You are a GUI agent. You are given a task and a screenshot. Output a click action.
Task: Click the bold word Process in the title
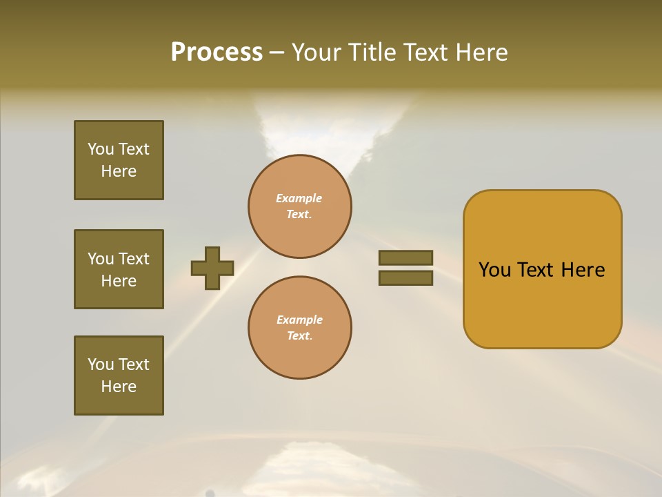pyautogui.click(x=217, y=52)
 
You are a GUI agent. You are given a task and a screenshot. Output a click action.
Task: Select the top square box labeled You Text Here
pyautogui.click(x=119, y=160)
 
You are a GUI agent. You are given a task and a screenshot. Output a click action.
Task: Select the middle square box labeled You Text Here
pyautogui.click(x=119, y=269)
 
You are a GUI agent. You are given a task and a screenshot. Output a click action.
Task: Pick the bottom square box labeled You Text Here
pyautogui.click(x=119, y=376)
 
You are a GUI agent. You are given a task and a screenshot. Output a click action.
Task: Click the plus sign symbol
pyautogui.click(x=212, y=268)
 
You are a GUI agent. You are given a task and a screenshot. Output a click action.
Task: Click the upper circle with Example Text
pyautogui.click(x=299, y=206)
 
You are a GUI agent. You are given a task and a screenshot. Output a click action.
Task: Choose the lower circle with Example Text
pyautogui.click(x=299, y=327)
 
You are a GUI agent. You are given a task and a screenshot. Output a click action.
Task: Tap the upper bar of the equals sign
pyautogui.click(x=405, y=258)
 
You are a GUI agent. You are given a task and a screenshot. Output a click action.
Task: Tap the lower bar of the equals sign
pyautogui.click(x=405, y=278)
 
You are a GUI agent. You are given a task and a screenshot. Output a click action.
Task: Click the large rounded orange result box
pyautogui.click(x=542, y=269)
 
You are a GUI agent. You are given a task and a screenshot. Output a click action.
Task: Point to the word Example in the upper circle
pyautogui.click(x=299, y=198)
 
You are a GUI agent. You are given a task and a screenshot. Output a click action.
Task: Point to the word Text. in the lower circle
pyautogui.click(x=299, y=336)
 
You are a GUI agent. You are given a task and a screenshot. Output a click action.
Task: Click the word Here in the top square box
pyautogui.click(x=119, y=171)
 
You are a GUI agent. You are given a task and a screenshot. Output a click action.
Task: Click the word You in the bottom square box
pyautogui.click(x=101, y=364)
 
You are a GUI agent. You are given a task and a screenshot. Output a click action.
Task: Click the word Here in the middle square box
pyautogui.click(x=119, y=281)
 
